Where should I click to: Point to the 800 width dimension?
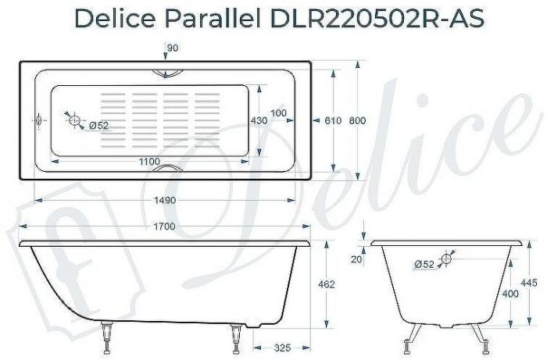(x=357, y=120)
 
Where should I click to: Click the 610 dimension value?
(x=332, y=120)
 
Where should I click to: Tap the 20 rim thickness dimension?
(x=358, y=258)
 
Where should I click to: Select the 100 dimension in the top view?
(x=279, y=112)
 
